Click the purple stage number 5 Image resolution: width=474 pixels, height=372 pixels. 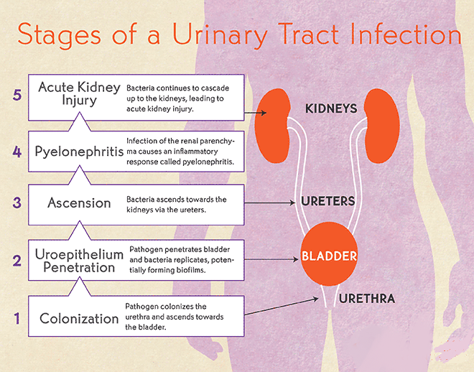click(17, 95)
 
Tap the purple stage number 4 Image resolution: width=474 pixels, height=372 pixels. click(17, 152)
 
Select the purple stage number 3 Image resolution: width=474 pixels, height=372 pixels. click(17, 203)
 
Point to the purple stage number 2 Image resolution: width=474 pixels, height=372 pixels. click(17, 261)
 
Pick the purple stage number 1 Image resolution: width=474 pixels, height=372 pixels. click(17, 319)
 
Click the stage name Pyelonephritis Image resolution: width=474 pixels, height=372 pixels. click(79, 152)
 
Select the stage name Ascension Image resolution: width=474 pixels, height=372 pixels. click(79, 203)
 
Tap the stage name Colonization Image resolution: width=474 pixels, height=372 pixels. click(79, 319)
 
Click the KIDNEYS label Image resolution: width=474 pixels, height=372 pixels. click(331, 108)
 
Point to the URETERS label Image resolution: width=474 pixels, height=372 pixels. click(328, 201)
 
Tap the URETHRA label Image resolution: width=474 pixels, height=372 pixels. click(367, 299)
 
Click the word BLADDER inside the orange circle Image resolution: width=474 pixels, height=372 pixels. click(329, 256)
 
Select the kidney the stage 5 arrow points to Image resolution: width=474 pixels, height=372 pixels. click(271, 126)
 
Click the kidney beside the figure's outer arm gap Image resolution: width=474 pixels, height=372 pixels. click(382, 126)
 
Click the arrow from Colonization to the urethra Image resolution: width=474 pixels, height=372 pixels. click(282, 307)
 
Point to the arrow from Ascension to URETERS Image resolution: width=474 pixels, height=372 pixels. click(269, 203)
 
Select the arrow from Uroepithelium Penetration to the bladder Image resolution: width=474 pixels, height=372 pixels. click(271, 259)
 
